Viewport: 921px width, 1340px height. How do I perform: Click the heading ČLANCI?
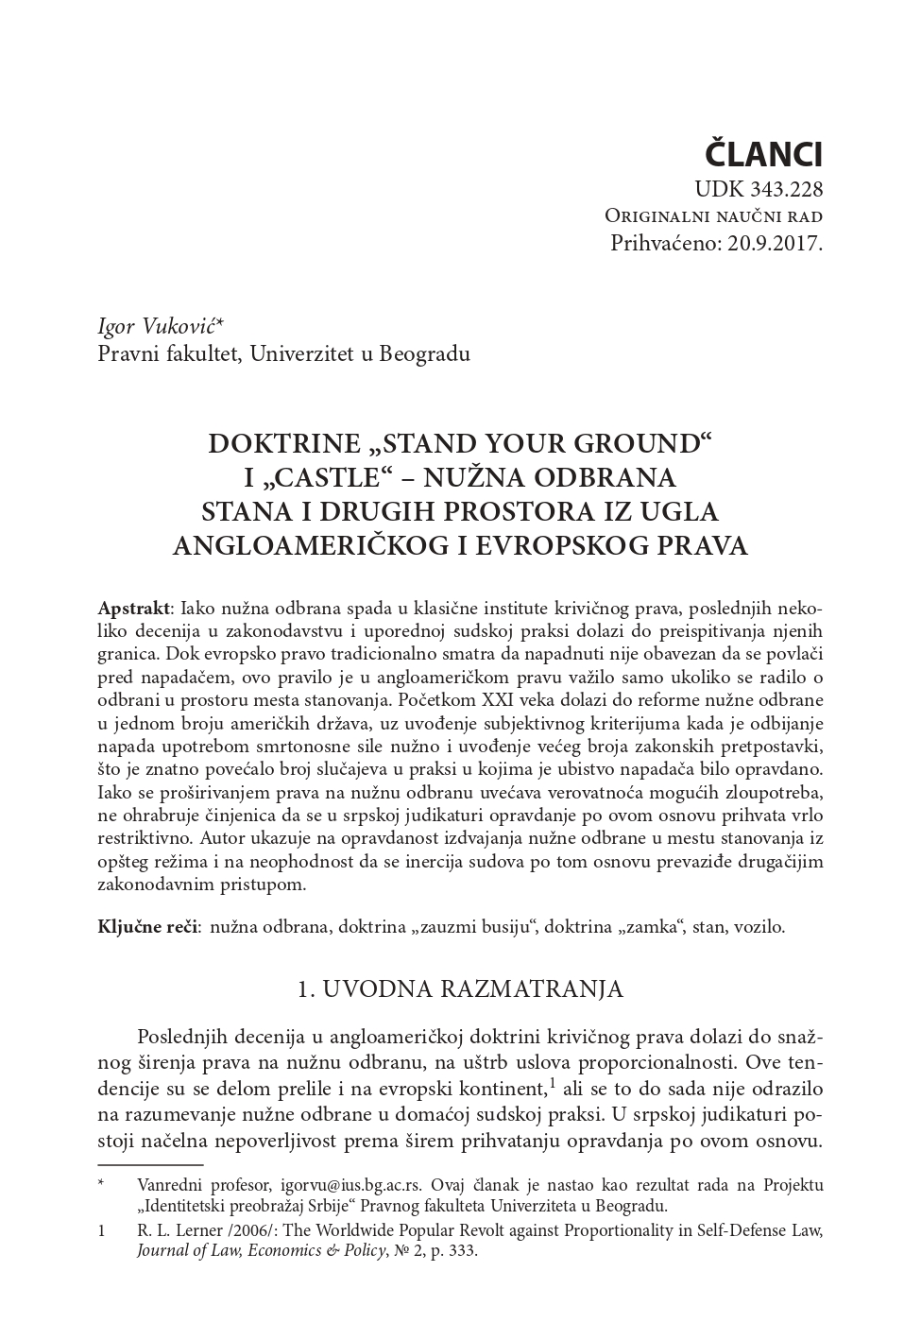(765, 152)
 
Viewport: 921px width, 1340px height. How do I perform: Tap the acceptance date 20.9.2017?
(776, 243)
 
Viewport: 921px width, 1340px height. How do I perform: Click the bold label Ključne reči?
(147, 927)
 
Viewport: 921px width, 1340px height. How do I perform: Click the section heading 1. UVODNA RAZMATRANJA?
(460, 988)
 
